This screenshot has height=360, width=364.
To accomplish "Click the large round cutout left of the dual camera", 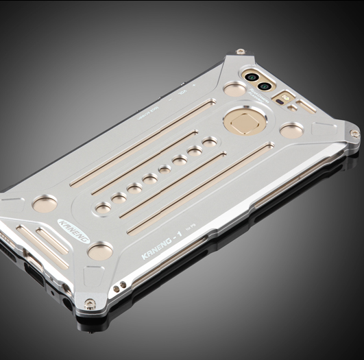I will coord(234,90).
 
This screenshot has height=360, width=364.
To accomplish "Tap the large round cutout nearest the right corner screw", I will coord(291,130).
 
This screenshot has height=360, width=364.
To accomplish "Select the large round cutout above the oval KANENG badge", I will coord(46,203).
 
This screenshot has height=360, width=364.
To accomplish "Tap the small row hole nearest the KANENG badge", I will coord(104,206).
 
